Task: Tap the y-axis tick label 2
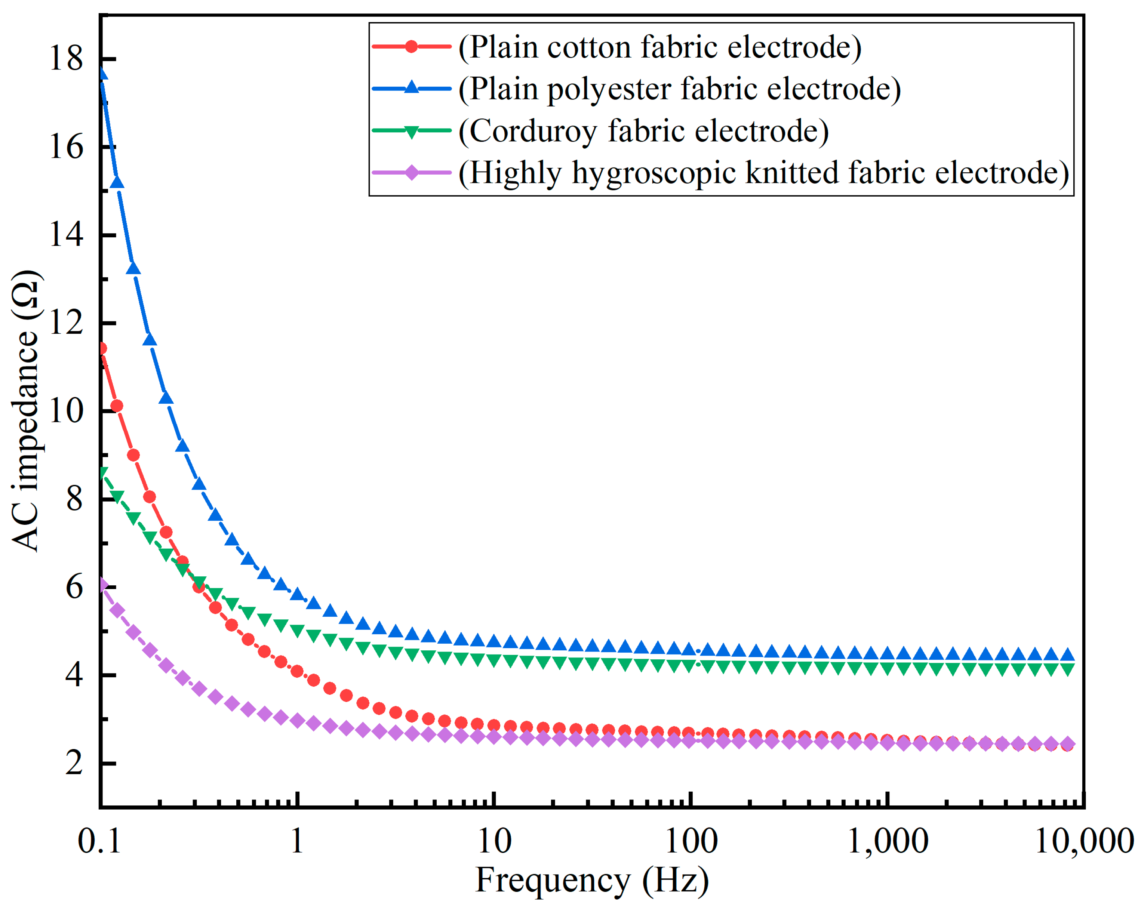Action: [74, 763]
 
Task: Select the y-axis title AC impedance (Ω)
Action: [25, 410]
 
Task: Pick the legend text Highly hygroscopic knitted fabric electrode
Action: [763, 172]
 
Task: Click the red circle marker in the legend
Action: [411, 46]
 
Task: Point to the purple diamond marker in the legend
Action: [411, 172]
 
